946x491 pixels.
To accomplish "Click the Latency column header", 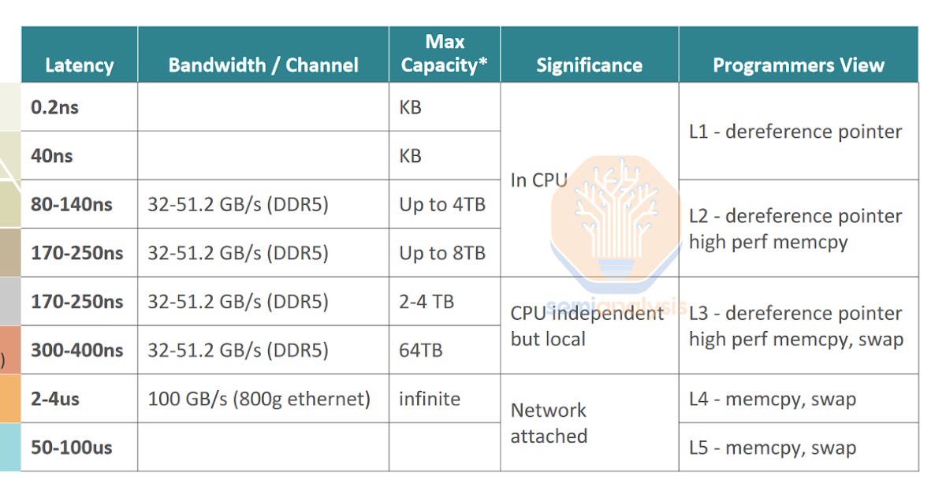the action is pyautogui.click(x=80, y=65).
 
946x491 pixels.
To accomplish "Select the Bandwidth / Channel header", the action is pyautogui.click(x=263, y=65).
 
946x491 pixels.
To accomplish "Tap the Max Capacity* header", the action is pyautogui.click(x=445, y=54).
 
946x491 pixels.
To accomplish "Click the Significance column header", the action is pyautogui.click(x=589, y=65).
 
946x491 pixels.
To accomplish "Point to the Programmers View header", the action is pyautogui.click(x=798, y=65).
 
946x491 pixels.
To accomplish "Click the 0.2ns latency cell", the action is pyautogui.click(x=54, y=107).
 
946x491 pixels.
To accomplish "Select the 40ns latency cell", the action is pyautogui.click(x=51, y=156).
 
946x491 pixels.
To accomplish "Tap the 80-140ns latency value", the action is pyautogui.click(x=72, y=204).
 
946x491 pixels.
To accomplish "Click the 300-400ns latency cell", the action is pyautogui.click(x=77, y=350).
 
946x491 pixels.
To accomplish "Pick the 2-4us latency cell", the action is pyautogui.click(x=55, y=399).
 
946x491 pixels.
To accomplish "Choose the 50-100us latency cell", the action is pyautogui.click(x=72, y=448).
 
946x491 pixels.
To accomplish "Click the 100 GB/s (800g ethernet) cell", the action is pyautogui.click(x=259, y=400).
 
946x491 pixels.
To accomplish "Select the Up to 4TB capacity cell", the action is pyautogui.click(x=442, y=205).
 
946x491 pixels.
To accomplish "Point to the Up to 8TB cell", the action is pyautogui.click(x=442, y=253).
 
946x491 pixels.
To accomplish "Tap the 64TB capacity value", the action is pyautogui.click(x=421, y=351).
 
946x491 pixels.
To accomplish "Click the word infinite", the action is pyautogui.click(x=430, y=399).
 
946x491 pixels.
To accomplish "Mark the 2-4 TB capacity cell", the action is pyautogui.click(x=426, y=302).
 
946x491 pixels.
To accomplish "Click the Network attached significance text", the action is pyautogui.click(x=549, y=423).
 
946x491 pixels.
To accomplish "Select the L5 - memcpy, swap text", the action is pyautogui.click(x=773, y=448).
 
